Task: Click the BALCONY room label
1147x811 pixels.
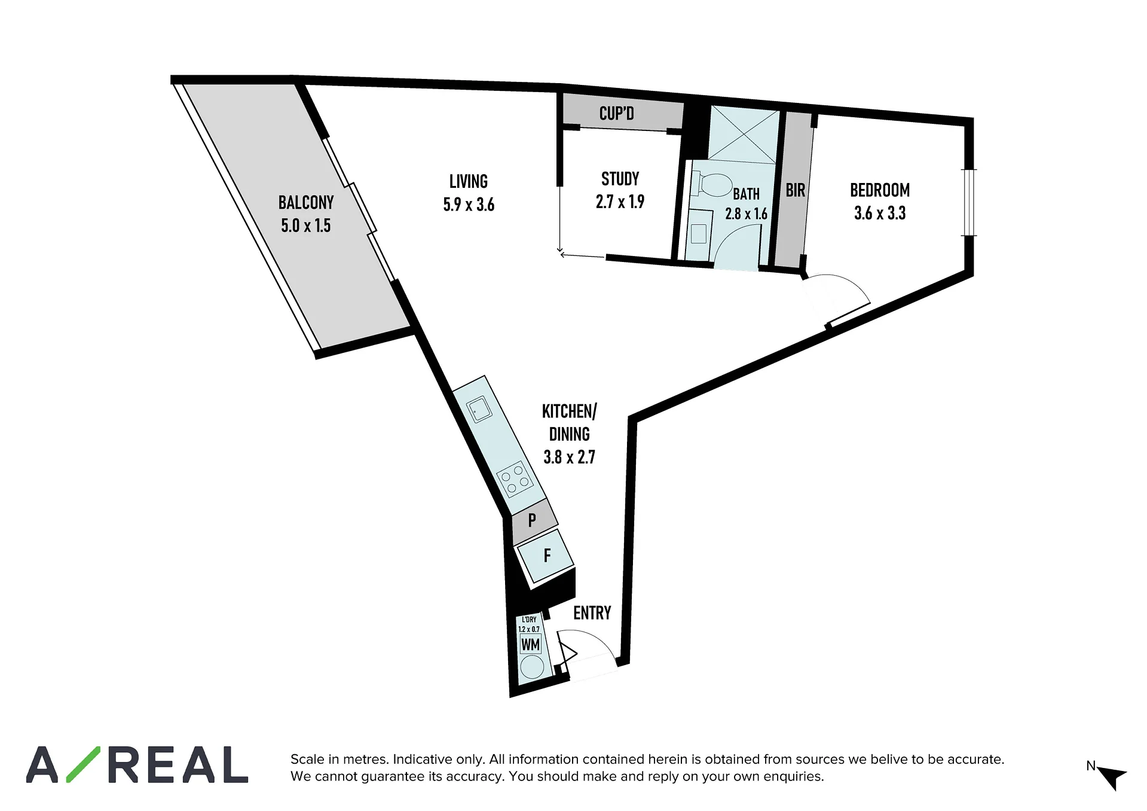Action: click(306, 202)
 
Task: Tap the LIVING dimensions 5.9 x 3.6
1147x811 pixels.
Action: click(469, 205)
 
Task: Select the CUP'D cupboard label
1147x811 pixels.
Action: click(616, 113)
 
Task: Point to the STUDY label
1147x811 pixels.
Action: click(620, 179)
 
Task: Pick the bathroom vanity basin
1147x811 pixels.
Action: click(698, 233)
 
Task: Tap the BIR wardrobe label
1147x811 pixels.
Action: click(795, 190)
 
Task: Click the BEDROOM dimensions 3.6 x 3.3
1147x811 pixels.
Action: click(880, 213)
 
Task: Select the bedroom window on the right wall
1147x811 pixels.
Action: click(969, 203)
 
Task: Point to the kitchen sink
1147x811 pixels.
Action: click(479, 410)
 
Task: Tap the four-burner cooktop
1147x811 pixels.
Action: click(515, 481)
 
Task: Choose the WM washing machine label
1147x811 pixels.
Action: click(530, 645)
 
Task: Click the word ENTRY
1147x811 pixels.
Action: click(592, 613)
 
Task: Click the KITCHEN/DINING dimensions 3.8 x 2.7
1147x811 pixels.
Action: click(569, 457)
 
